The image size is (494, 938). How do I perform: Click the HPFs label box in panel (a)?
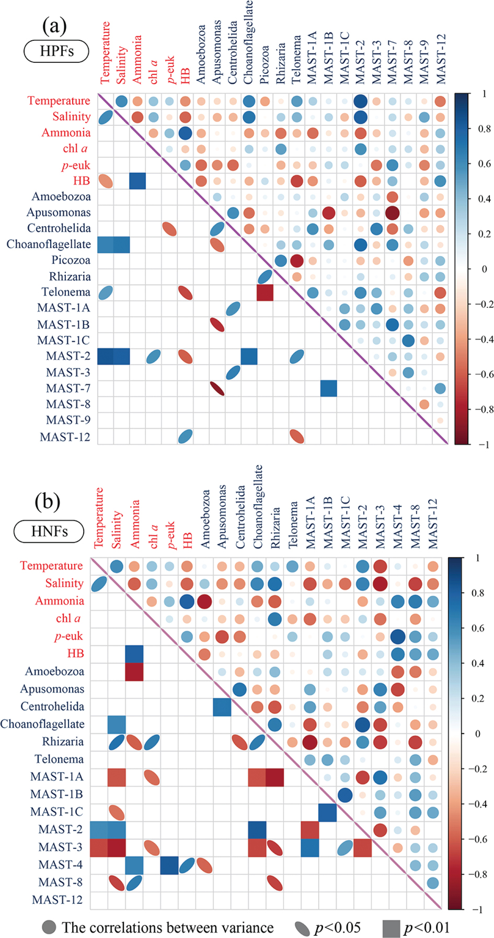click(56, 51)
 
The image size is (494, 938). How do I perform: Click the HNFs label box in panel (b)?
click(49, 531)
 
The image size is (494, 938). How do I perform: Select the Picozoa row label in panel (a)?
click(71, 260)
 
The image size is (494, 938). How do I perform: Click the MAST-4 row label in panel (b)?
click(60, 864)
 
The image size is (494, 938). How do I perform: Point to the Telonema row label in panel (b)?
click(59, 759)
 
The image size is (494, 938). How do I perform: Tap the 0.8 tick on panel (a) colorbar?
click(485, 129)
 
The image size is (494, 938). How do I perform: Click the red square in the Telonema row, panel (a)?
click(265, 293)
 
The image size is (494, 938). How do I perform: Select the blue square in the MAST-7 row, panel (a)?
click(329, 388)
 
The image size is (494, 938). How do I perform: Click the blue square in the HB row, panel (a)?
click(137, 181)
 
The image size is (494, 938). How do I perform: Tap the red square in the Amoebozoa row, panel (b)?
click(134, 672)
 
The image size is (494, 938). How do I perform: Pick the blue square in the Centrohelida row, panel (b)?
click(222, 707)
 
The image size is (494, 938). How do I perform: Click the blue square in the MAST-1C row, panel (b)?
click(328, 812)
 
